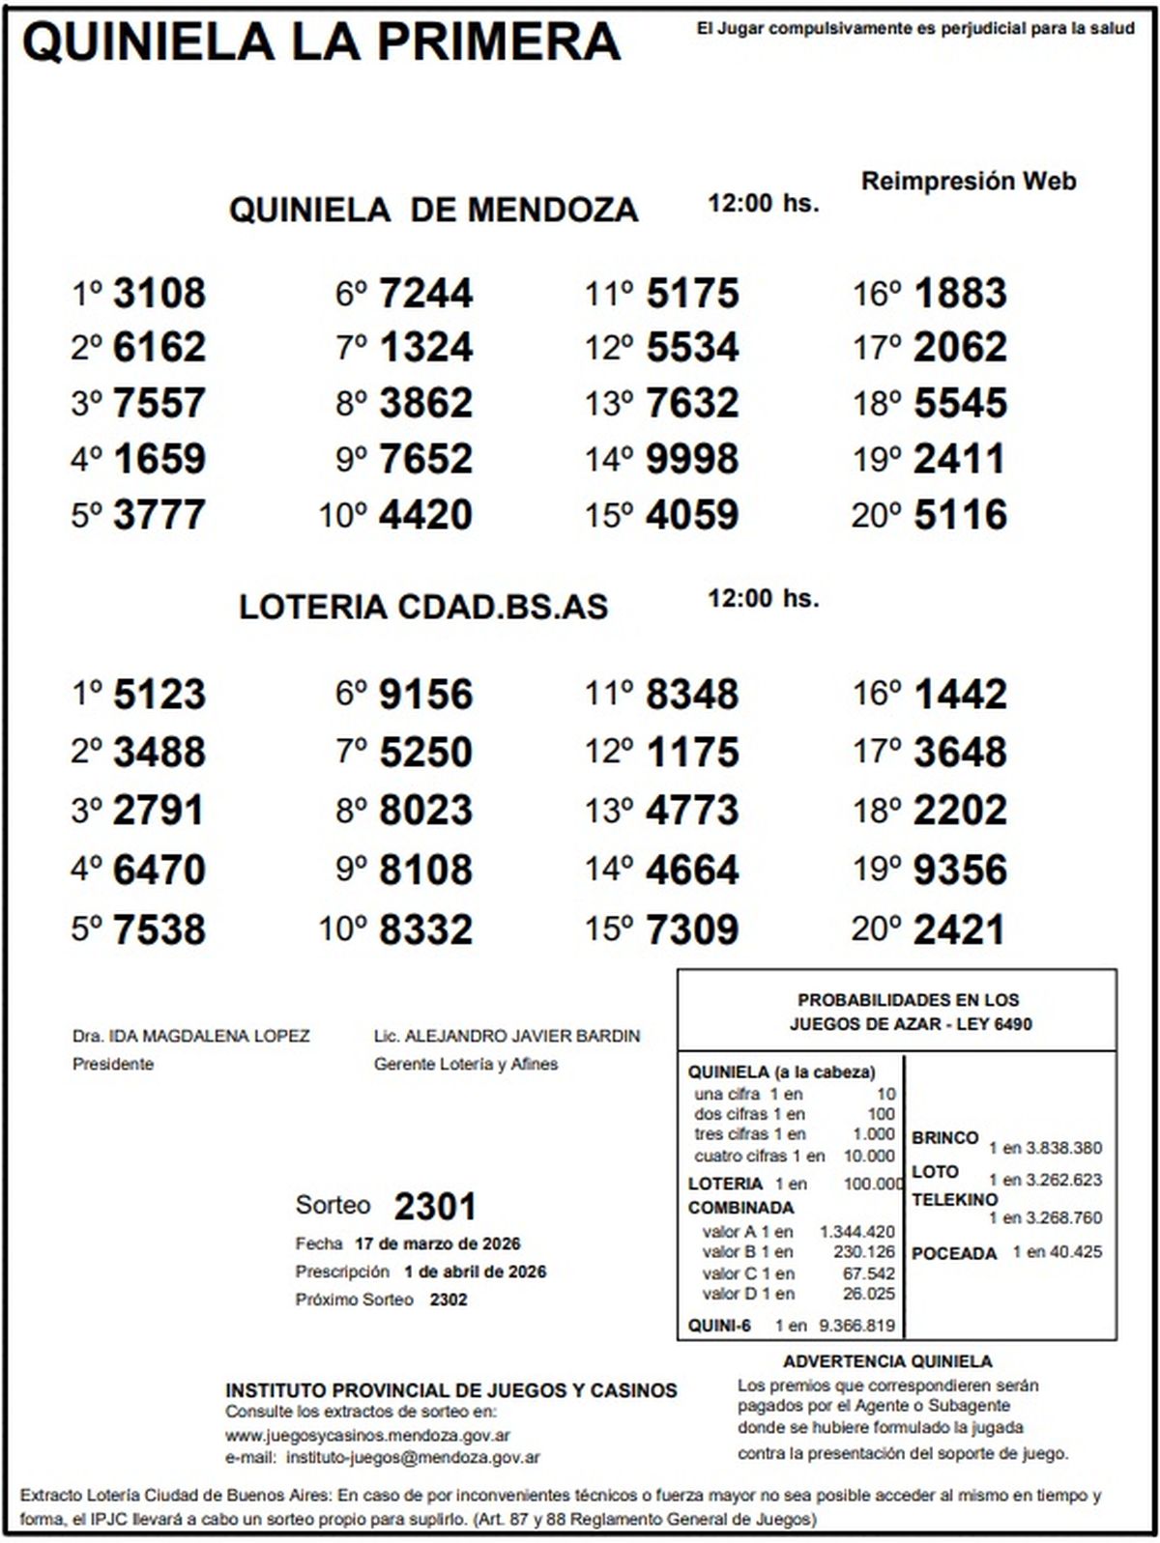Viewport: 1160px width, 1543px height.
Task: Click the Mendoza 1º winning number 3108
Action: point(159,293)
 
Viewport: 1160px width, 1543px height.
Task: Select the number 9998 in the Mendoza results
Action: point(692,459)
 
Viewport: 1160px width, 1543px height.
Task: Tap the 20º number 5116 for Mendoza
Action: point(960,515)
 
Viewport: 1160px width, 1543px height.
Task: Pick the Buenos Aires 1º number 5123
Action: point(159,695)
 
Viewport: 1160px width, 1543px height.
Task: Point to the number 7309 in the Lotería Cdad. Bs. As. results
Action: point(692,929)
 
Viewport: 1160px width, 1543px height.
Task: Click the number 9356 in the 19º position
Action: point(960,870)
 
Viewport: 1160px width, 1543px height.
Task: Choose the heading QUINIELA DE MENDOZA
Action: point(433,210)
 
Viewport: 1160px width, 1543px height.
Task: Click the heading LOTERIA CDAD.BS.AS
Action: point(423,607)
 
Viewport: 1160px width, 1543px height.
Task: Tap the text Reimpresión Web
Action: point(968,182)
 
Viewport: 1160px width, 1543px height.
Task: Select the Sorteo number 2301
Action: point(435,1207)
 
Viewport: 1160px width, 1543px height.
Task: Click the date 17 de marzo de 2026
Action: point(438,1243)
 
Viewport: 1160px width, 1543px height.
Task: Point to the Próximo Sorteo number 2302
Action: point(449,1300)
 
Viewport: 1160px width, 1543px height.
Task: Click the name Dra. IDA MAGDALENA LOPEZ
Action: point(191,1036)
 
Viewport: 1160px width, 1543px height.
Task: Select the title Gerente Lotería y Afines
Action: point(466,1064)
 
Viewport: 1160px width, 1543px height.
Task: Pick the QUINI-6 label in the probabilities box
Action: point(719,1326)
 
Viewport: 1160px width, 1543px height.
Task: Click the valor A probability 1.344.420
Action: point(856,1232)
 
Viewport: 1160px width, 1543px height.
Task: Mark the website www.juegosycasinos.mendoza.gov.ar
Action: point(367,1436)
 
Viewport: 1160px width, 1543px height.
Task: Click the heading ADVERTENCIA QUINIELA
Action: point(887,1361)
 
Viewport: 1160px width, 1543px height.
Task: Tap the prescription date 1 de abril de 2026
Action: point(475,1272)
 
